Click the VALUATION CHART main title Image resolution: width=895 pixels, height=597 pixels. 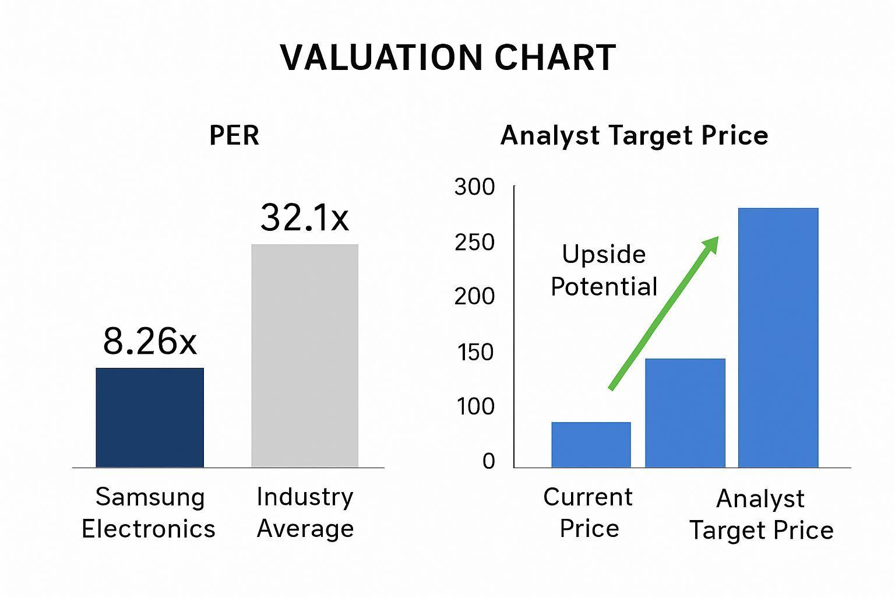tap(448, 58)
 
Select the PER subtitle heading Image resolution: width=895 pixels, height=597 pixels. tap(235, 136)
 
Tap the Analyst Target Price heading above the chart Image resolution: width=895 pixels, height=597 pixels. tap(635, 136)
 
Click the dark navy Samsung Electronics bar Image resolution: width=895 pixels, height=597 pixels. tap(150, 417)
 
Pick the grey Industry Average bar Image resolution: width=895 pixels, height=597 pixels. tap(305, 356)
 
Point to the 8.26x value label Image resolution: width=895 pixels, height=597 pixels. tap(150, 341)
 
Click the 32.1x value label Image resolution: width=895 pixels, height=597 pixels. tap(305, 217)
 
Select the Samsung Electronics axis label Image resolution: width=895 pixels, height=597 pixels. tap(149, 512)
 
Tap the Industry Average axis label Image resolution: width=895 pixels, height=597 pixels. tap(305, 512)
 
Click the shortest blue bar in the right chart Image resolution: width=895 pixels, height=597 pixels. tap(591, 445)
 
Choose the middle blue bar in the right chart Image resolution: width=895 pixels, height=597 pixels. tap(685, 413)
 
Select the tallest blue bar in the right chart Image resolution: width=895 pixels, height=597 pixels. tap(778, 338)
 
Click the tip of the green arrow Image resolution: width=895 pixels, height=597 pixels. tap(718, 237)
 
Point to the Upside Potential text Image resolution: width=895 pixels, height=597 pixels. tap(604, 271)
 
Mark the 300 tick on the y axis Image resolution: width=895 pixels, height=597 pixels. tap(475, 187)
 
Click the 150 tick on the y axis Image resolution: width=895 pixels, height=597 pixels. tap(475, 352)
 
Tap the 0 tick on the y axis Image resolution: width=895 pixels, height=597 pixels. tap(489, 461)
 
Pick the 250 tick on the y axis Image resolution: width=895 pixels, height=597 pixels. tap(475, 243)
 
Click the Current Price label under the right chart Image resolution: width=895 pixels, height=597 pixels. tap(588, 512)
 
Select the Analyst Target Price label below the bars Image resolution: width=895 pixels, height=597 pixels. tap(762, 515)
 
